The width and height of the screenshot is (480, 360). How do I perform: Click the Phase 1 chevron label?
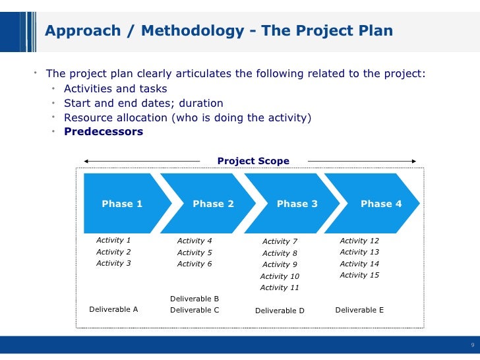[122, 204]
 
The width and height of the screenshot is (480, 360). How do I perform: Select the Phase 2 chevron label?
[213, 204]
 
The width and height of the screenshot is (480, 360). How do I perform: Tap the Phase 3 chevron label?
[297, 204]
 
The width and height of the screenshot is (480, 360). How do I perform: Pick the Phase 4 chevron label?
[381, 204]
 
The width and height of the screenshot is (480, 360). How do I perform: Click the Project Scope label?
[253, 161]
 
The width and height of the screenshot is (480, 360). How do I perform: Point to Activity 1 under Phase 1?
[113, 241]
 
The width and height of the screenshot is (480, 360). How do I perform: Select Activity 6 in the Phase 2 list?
[195, 264]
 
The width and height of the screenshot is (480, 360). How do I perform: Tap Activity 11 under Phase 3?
[280, 287]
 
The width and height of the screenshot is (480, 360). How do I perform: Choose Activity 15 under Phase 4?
[359, 275]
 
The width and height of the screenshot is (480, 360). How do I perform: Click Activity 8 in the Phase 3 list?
[280, 253]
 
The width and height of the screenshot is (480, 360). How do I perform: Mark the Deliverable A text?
[113, 309]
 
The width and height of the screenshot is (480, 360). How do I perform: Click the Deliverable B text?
[195, 299]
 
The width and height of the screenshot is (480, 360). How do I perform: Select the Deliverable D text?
[280, 311]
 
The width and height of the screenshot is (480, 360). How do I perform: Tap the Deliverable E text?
[359, 309]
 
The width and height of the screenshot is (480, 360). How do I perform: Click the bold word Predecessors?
[104, 131]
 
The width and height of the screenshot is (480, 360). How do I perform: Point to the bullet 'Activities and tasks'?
[115, 88]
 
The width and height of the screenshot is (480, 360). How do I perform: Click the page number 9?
[472, 345]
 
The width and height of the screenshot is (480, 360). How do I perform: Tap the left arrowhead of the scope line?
[87, 161]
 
